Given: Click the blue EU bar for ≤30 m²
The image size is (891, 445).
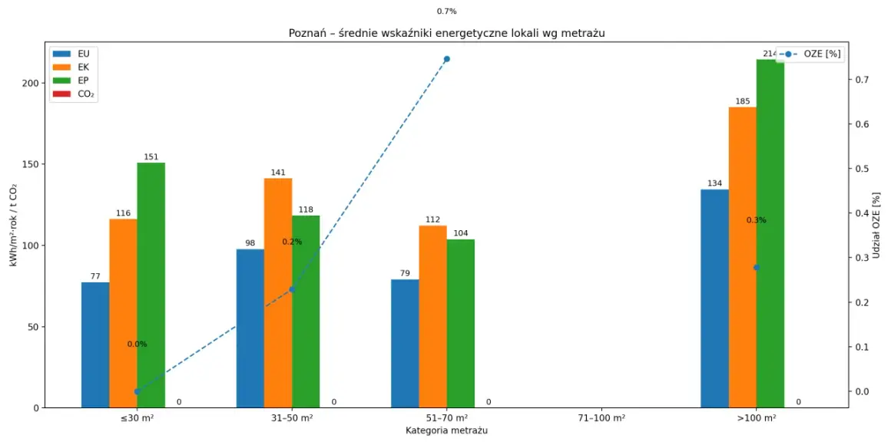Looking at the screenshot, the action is tap(95, 345).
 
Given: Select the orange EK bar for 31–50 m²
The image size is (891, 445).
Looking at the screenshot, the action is tap(278, 293).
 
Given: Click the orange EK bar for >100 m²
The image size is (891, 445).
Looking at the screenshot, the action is tap(743, 257).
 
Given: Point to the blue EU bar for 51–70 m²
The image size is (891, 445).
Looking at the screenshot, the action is tap(405, 344).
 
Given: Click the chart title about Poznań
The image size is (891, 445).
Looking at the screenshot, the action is tap(446, 34).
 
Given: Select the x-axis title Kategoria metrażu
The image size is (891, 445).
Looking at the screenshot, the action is tap(446, 430).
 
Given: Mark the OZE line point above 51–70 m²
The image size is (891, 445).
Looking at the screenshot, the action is tap(446, 59).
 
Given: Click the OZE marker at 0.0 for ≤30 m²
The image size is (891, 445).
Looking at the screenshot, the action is tap(137, 391).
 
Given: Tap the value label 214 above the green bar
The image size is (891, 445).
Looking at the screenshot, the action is tap(770, 54).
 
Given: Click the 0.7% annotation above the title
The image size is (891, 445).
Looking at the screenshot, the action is tap(446, 11).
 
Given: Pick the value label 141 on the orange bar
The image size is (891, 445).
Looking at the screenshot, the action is tap(278, 173).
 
